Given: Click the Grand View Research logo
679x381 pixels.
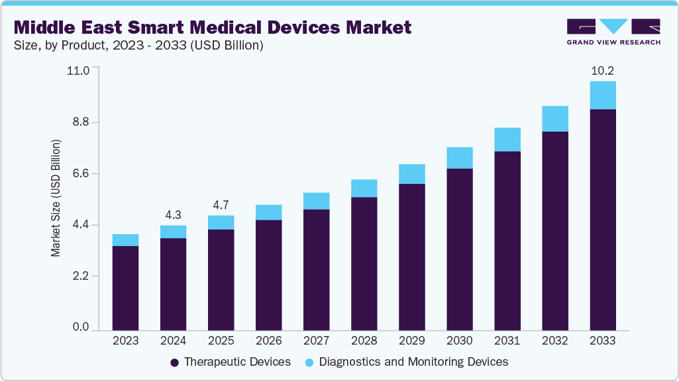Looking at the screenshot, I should coord(613,32).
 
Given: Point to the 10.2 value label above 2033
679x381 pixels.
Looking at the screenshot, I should coord(602,70).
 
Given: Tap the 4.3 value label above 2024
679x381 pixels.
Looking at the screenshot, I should coord(173,214).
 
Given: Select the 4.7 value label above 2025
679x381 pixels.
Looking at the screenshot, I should coord(221,204).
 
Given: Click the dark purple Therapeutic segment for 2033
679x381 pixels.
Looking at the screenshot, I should coord(602,220).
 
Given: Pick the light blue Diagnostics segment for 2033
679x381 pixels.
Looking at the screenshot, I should coord(602,95).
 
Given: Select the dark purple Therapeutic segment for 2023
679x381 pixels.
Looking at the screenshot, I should coord(125,288).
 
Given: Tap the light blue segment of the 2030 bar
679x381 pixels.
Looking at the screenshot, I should coord(459,158).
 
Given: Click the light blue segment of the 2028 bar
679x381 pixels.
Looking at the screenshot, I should coord(364,189).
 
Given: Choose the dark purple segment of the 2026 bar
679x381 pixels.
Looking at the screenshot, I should coord(268,275).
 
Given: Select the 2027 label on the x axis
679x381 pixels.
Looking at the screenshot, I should coord(316,341).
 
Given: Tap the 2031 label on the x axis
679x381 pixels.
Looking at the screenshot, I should coord(507,341).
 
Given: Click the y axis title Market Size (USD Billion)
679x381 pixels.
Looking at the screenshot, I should coord(56,198).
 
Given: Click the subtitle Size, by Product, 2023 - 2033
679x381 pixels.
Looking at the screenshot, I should coord(139,45).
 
